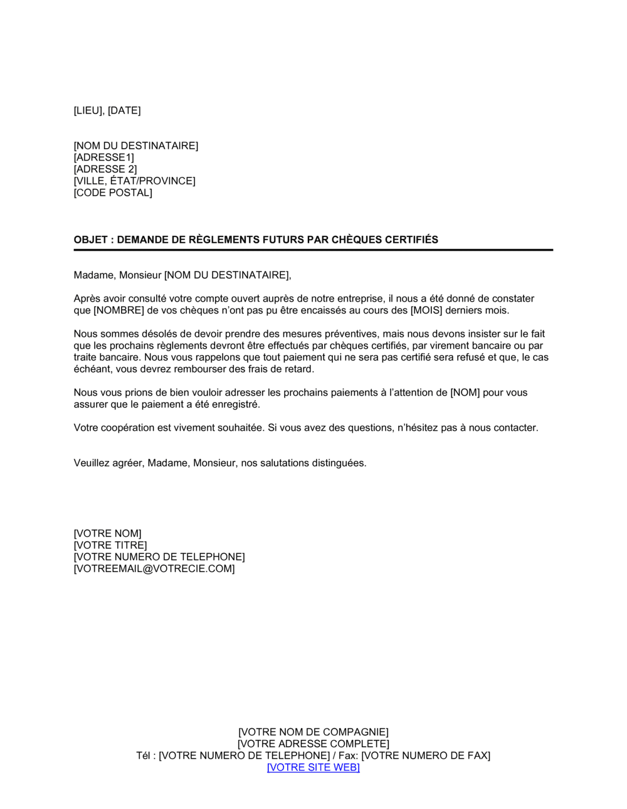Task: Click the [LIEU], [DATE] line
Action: [107, 110]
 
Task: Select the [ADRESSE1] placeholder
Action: [103, 157]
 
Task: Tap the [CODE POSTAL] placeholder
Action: [113, 193]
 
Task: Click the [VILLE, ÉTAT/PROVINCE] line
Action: [134, 181]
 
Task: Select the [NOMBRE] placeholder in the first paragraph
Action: [119, 310]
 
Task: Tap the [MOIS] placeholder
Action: [426, 310]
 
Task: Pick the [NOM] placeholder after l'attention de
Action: [465, 393]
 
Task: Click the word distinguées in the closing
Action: [339, 463]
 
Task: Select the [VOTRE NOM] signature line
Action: [107, 534]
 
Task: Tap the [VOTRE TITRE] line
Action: [110, 546]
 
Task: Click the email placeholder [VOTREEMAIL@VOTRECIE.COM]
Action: [154, 569]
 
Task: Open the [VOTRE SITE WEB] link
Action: [313, 768]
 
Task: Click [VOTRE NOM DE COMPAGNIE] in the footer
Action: [313, 732]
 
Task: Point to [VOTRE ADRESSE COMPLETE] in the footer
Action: [313, 744]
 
